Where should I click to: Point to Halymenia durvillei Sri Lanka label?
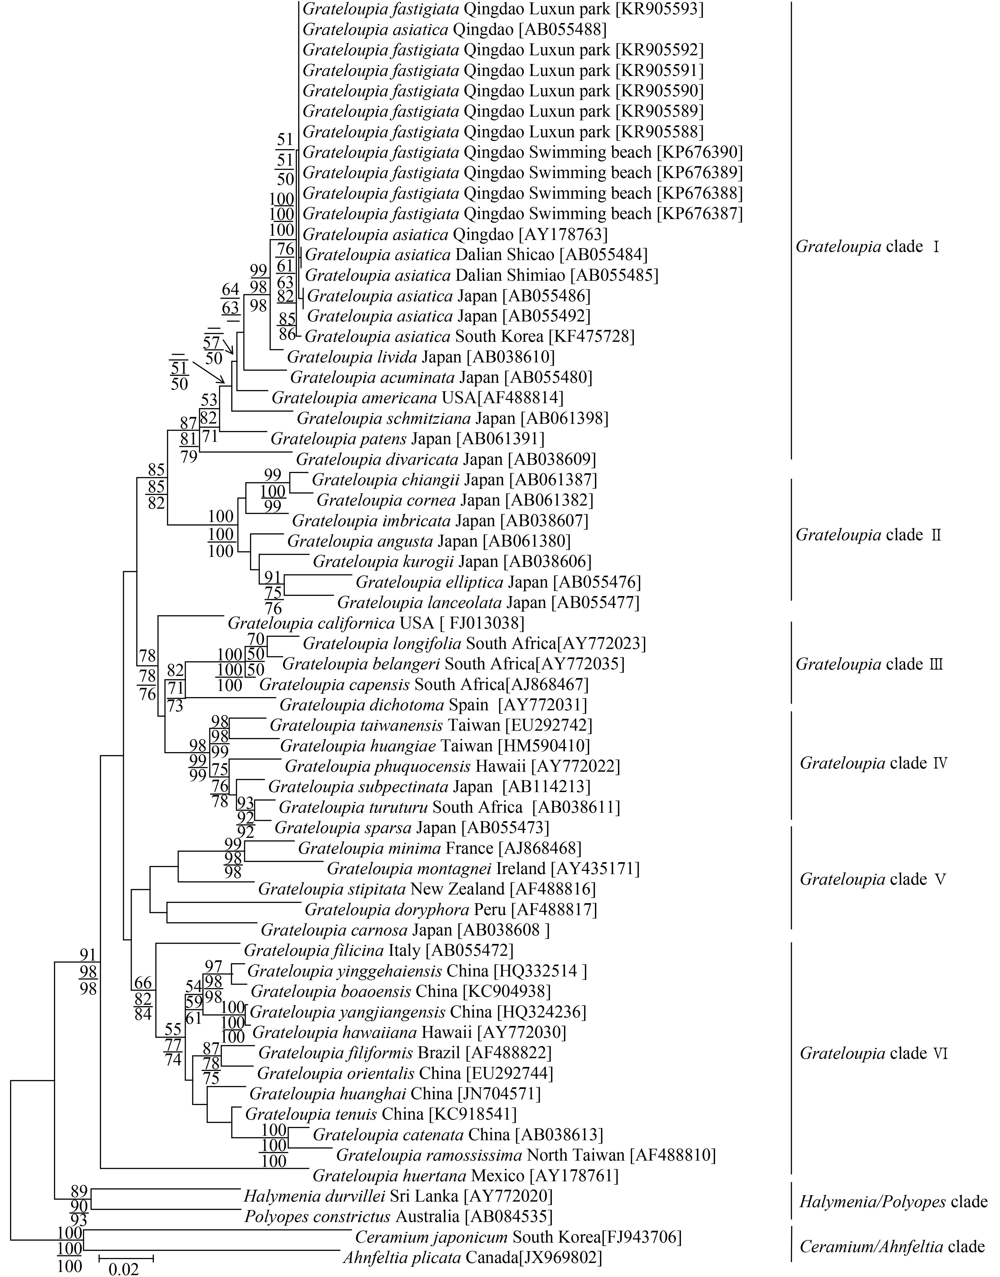pos(398,1196)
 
